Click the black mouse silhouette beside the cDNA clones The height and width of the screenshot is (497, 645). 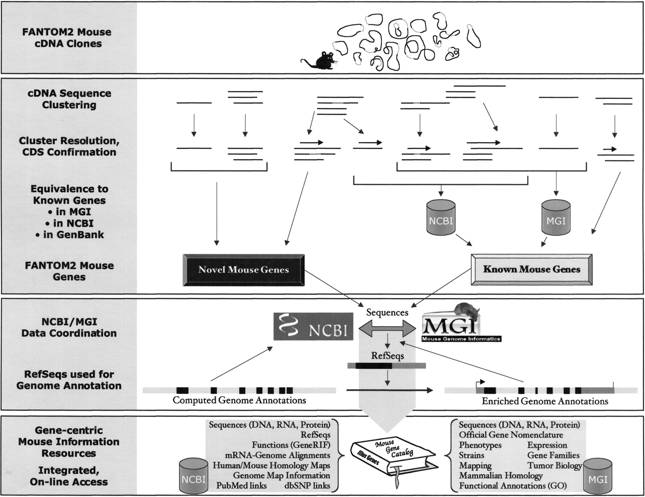323,61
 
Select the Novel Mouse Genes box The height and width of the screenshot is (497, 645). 243,270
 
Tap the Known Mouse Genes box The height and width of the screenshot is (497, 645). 531,270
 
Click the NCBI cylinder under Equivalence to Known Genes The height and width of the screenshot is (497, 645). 441,218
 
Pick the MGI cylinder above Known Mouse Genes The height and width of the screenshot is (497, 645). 556,218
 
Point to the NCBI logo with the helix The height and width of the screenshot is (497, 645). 313,327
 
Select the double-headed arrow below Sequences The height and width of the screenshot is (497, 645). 387,330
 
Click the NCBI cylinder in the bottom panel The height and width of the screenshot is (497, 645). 193,476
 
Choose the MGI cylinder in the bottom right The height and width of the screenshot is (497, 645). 598,476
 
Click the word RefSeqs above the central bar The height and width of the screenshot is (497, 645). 387,356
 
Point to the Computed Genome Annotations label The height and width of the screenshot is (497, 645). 239,400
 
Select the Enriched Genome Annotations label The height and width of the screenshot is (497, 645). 545,401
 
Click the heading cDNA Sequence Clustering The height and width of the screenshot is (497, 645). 69,99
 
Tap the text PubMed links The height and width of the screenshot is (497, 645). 241,486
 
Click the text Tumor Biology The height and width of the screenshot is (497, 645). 554,466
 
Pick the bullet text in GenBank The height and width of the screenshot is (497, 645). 70,235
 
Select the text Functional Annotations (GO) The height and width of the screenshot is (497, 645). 512,486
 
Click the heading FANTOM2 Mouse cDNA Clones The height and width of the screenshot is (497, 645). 67,38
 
